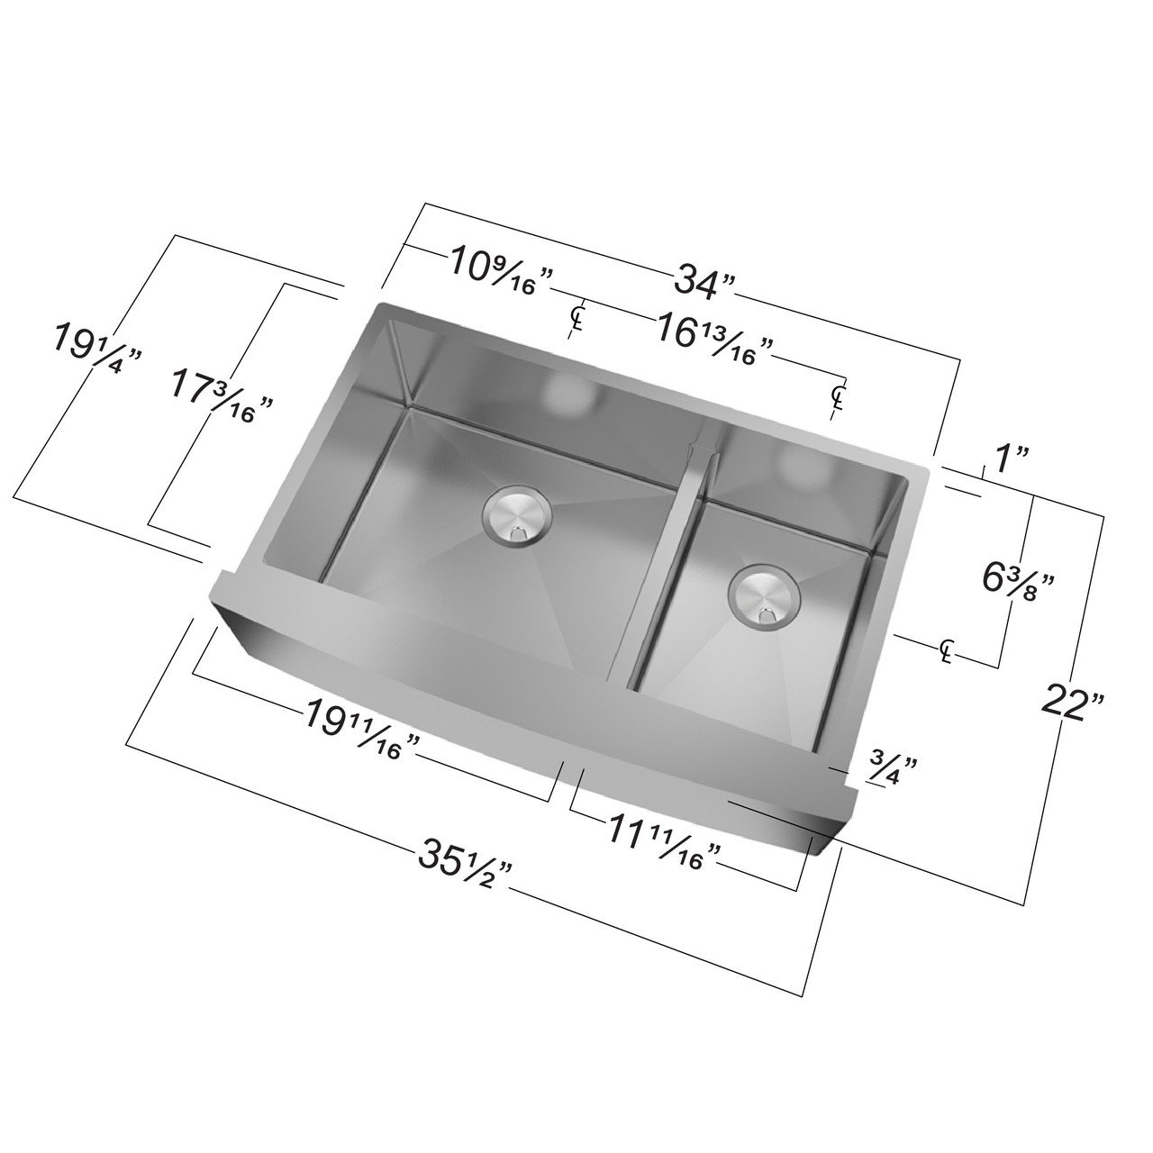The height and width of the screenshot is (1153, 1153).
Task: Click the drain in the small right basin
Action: [x=764, y=595]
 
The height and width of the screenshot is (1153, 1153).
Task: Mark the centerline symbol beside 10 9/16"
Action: [x=576, y=317]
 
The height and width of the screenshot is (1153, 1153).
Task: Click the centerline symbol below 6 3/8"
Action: [x=946, y=650]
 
